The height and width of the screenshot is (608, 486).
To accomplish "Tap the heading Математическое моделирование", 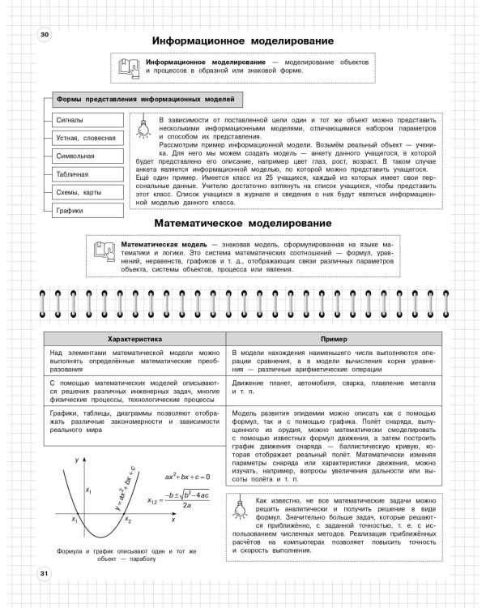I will tap(242, 223).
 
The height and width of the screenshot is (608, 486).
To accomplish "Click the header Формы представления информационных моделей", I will tap(144, 99).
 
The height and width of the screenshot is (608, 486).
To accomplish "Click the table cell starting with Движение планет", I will tap(333, 386).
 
